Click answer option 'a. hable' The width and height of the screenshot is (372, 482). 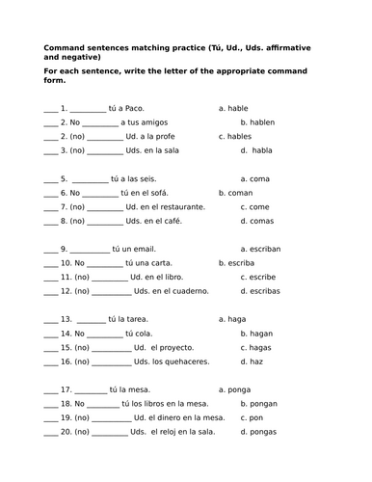click(x=235, y=108)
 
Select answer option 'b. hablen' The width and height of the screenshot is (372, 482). click(x=258, y=122)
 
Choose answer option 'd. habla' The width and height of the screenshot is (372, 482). click(x=256, y=150)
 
